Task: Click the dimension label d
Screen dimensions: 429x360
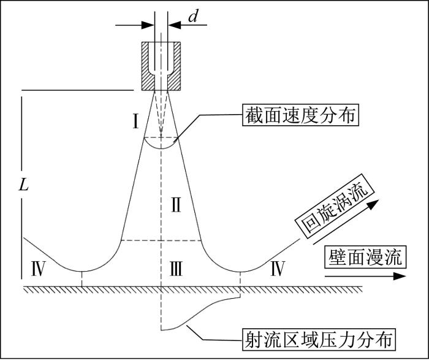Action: pos(193,17)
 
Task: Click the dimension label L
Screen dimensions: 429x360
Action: pos(23,185)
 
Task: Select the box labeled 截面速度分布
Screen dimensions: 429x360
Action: pos(300,115)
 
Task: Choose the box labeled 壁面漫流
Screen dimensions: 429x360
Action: pos(365,257)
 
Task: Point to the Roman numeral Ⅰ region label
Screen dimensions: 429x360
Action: pos(135,121)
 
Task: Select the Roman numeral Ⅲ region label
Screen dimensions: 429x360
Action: pos(176,269)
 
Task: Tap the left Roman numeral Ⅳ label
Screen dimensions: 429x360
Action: pos(38,269)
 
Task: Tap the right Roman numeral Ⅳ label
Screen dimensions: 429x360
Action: pos(278,269)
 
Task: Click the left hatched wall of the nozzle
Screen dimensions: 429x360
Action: pos(148,66)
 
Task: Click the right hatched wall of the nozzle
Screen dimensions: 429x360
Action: pos(174,66)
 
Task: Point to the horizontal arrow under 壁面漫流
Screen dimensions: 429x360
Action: pos(365,276)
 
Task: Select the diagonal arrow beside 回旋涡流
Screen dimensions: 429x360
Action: pos(346,222)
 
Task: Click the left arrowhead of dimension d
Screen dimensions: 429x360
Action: pos(148,25)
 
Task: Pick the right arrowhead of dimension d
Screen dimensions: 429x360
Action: pos(175,25)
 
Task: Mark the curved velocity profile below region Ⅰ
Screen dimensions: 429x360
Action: pos(161,148)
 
